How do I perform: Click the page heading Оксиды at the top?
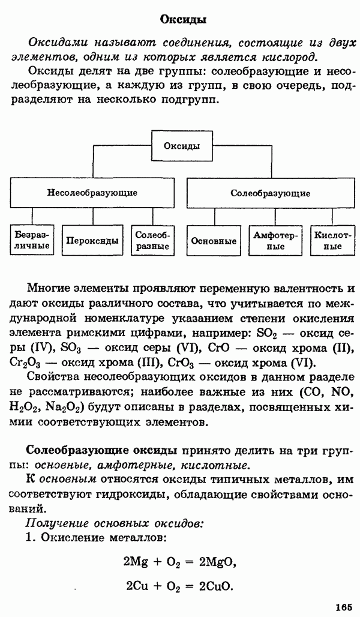pyautogui.click(x=183, y=20)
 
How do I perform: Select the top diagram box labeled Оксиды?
pyautogui.click(x=182, y=145)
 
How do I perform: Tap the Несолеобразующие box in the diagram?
pyautogui.click(x=92, y=193)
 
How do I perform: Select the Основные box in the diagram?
pyautogui.click(x=213, y=241)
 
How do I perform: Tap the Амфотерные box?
pyautogui.click(x=275, y=241)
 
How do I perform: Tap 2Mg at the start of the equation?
pyautogui.click(x=136, y=562)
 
